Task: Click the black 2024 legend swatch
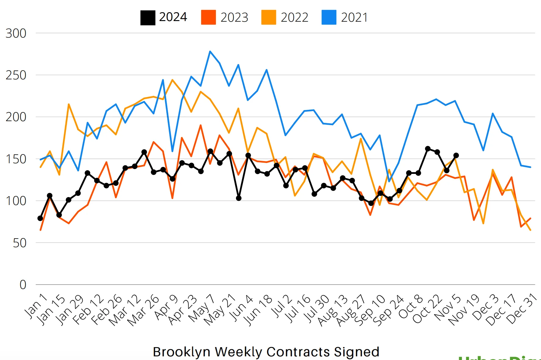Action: (148, 18)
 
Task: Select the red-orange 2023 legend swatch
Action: (208, 17)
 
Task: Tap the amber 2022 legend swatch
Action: (269, 17)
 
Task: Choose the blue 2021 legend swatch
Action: (329, 17)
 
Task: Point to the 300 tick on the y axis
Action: (16, 33)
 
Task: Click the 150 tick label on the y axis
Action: (16, 159)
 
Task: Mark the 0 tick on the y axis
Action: (23, 285)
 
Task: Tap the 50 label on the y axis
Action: (20, 243)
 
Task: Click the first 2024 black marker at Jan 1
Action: (40, 218)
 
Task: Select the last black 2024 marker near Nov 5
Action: (456, 155)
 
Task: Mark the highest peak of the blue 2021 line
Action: (210, 51)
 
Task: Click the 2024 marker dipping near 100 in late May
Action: (239, 198)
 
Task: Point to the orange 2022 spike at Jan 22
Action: (69, 104)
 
